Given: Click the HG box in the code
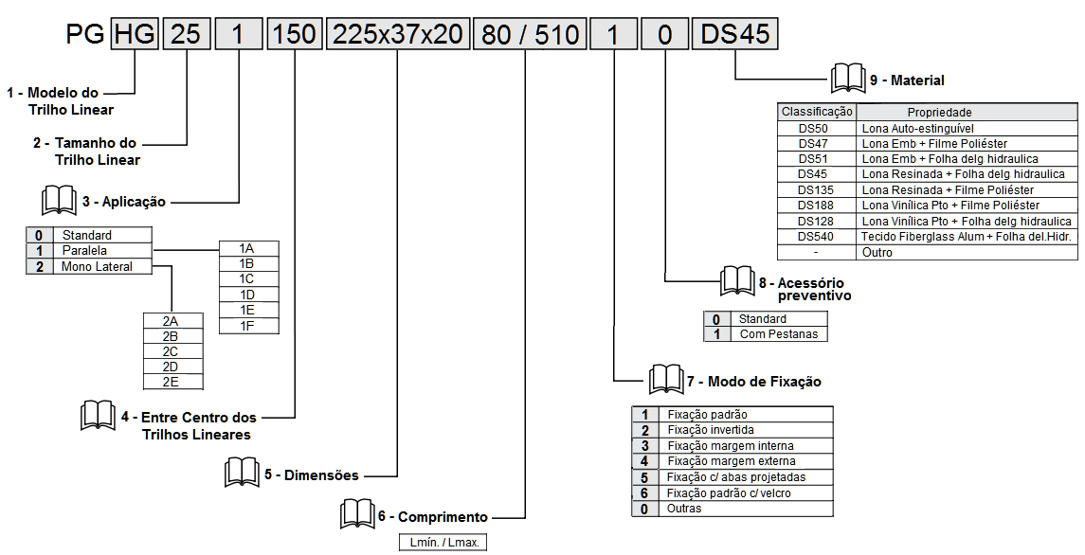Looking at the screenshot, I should pos(136,34).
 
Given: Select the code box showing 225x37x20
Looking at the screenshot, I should pos(396,34).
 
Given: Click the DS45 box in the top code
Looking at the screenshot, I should pos(735,34).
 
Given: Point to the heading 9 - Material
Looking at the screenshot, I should pos(907,81).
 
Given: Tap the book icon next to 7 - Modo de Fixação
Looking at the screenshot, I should pos(665,380).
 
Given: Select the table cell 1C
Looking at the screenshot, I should pos(246,278).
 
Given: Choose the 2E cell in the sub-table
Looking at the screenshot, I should pos(171,382).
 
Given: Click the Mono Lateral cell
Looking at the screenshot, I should pos(97,267).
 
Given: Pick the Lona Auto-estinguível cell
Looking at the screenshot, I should pos(917,128).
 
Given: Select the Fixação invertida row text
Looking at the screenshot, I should pos(711,430).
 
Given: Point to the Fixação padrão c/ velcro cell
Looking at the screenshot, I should pos(728,492).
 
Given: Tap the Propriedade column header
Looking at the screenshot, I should pos(939,112).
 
